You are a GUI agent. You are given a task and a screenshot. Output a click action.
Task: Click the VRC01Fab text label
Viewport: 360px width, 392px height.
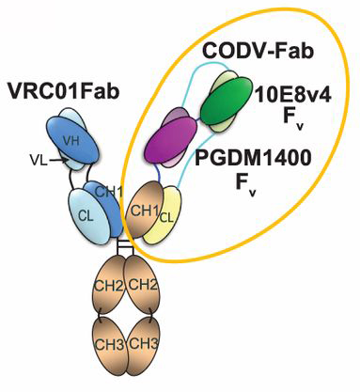59,92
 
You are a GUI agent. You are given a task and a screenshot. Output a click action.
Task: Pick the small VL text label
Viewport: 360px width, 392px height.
32,161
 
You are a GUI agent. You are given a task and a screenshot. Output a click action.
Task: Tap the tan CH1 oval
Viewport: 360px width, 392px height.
146,212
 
